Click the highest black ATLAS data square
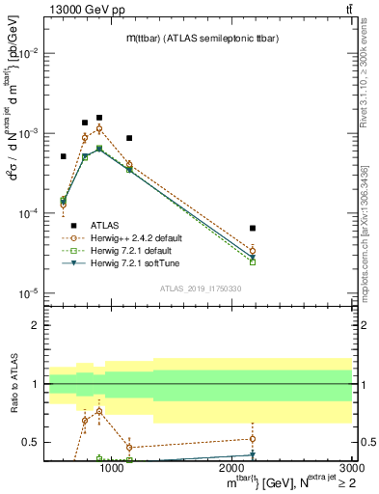pyautogui.click(x=99, y=118)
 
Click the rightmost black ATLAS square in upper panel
pyautogui.click(x=252, y=229)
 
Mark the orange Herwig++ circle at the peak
pyautogui.click(x=99, y=128)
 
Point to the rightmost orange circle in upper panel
pyautogui.click(x=252, y=251)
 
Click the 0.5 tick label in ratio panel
pyautogui.click(x=32, y=442)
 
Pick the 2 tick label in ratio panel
pyautogui.click(x=36, y=325)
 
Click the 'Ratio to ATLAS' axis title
pyautogui.click(x=13, y=383)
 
